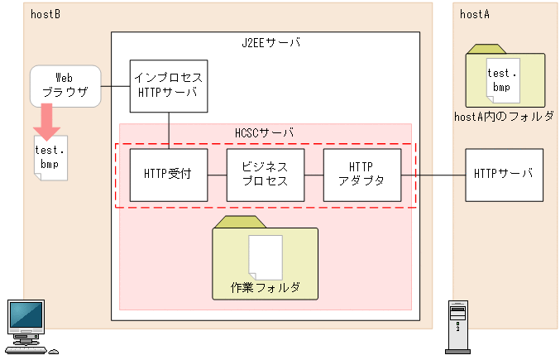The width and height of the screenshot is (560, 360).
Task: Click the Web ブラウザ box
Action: click(x=65, y=85)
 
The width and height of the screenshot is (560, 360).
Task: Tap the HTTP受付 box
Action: click(x=168, y=175)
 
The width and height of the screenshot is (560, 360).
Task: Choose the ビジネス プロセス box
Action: click(x=265, y=175)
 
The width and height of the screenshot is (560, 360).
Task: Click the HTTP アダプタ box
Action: click(x=361, y=175)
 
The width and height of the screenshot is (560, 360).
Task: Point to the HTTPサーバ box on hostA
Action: click(x=504, y=175)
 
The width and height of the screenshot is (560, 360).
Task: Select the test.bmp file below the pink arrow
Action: click(x=50, y=159)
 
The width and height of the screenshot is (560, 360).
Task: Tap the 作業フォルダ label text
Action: click(x=265, y=288)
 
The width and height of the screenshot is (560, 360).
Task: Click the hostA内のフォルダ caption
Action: click(x=504, y=117)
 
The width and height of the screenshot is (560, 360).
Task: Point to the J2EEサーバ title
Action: click(x=265, y=43)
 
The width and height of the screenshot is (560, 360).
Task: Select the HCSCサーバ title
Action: click(x=265, y=132)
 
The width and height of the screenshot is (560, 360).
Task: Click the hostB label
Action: click(x=45, y=14)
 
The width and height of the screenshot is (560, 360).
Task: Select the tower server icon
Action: click(x=457, y=325)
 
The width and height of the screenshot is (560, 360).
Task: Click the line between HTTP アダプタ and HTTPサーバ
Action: click(x=433, y=175)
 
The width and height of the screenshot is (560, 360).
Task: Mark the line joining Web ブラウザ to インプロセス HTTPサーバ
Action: click(x=115, y=85)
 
